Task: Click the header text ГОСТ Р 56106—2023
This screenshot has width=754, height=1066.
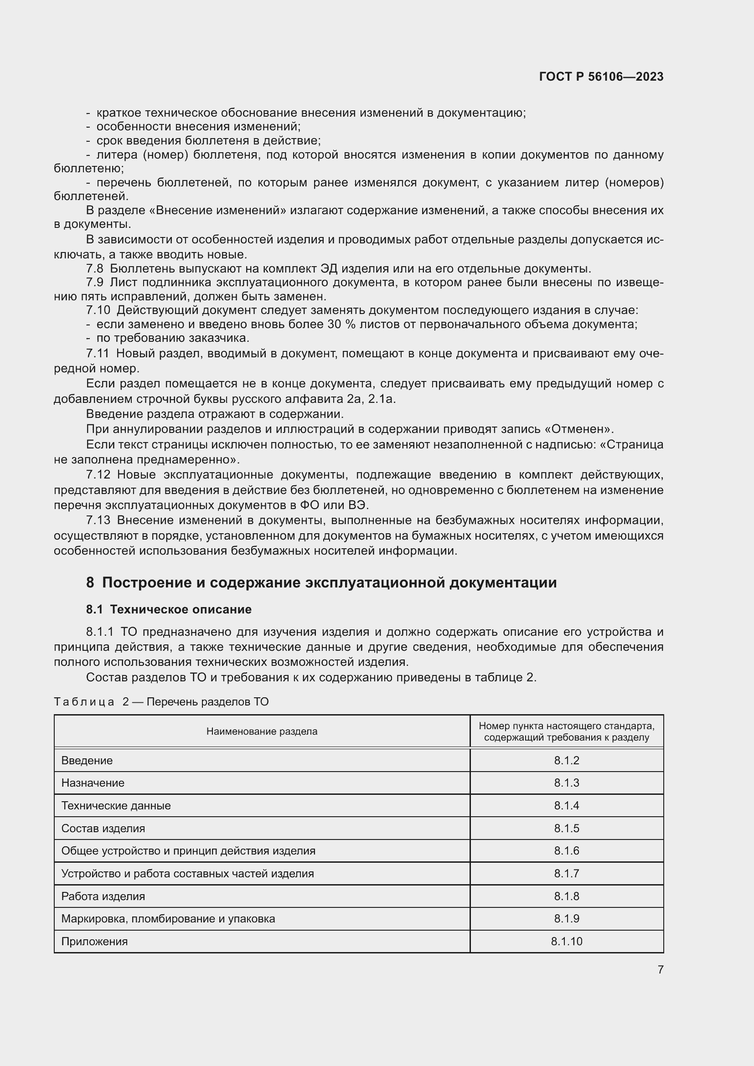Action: tap(601, 77)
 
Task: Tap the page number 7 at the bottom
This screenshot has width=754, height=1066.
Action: tap(660, 969)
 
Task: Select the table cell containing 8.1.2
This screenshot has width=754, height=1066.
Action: tap(566, 761)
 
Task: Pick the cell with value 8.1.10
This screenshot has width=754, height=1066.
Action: tap(566, 941)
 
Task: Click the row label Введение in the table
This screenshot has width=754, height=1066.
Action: tap(87, 761)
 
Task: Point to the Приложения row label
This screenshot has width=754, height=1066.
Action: tap(94, 941)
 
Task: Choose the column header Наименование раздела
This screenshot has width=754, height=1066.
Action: tap(261, 731)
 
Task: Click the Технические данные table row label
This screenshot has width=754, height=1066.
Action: tap(116, 805)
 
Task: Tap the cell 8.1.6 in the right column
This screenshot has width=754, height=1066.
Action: tap(566, 850)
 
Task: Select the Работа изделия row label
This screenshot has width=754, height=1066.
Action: tap(103, 896)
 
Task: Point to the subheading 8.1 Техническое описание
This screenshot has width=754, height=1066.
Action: tap(169, 609)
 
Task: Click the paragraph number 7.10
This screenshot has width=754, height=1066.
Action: tap(98, 310)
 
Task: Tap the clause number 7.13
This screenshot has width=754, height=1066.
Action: tap(98, 520)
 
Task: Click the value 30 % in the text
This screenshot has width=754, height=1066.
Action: tap(341, 324)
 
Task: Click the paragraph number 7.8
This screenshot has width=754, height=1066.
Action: tap(95, 268)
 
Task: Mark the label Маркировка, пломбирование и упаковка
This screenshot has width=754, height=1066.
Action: tap(168, 918)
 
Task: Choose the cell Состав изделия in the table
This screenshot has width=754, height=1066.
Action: tap(103, 828)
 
